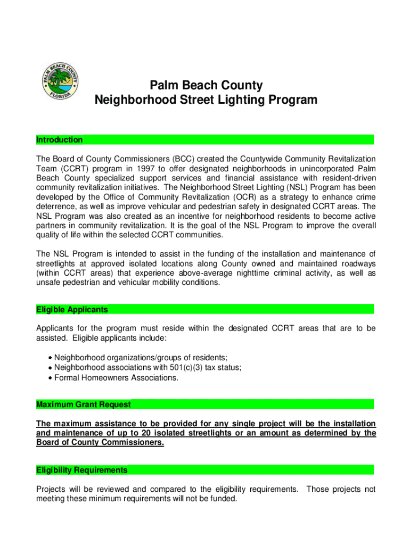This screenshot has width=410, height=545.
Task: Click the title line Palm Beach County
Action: point(206,85)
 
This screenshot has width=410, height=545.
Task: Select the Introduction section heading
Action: point(59,140)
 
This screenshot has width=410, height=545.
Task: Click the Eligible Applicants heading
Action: point(72,309)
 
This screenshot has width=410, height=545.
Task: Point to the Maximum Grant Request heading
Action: point(83,404)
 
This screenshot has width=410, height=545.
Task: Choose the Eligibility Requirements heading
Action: point(81,470)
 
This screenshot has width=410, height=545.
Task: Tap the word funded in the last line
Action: point(222,499)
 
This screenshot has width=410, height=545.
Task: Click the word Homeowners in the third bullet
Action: point(104,377)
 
